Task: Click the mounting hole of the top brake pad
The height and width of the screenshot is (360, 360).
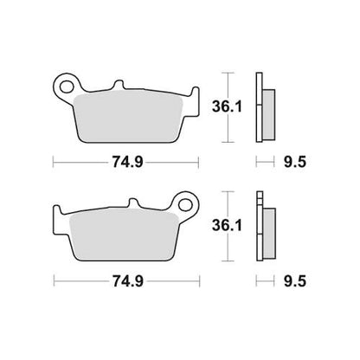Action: coord(67,87)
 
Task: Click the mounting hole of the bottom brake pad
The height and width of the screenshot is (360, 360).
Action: coord(185,205)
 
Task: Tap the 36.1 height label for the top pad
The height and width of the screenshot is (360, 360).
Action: coord(227,106)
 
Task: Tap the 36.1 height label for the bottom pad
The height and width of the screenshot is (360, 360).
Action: coord(227,225)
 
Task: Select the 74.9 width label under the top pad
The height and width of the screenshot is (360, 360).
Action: coord(127,162)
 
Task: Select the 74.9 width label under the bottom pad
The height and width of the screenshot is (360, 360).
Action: coord(128,281)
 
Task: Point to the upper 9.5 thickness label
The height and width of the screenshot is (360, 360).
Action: coord(294,163)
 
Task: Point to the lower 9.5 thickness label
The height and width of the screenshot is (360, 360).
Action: coord(294,281)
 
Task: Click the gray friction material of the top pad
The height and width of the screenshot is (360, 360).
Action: coord(128,118)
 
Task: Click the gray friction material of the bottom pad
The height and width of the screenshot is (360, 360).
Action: coord(124,235)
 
